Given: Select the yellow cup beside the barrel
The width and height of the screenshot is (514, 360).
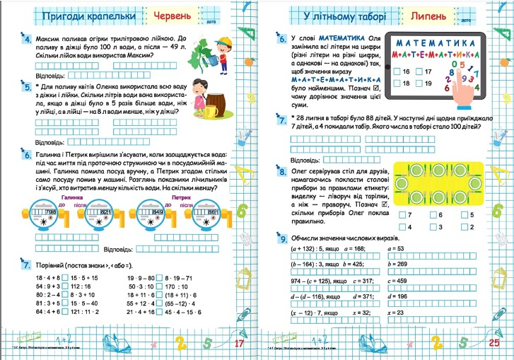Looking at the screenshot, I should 209,112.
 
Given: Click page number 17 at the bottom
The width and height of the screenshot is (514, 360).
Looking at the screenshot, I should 238,344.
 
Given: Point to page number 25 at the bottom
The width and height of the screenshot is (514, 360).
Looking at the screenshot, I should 493,344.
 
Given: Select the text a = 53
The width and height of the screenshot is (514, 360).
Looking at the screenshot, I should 395,249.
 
